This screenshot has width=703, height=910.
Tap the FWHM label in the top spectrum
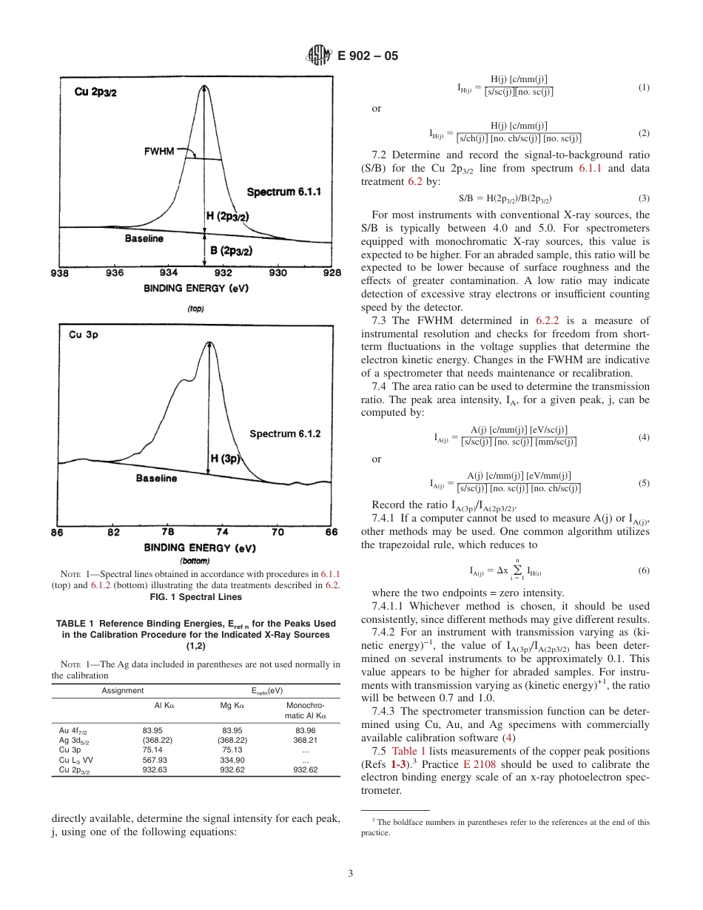coord(159,151)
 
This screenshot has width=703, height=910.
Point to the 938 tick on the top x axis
coord(59,273)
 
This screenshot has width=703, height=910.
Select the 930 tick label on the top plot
coord(277,273)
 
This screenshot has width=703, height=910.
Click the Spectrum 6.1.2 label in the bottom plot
coord(285,434)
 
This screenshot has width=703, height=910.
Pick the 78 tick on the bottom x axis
coord(168,532)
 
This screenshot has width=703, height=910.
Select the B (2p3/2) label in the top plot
coord(232,251)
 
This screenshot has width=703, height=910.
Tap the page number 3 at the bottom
coord(351,874)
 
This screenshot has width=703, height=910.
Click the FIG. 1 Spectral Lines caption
coord(195,596)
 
